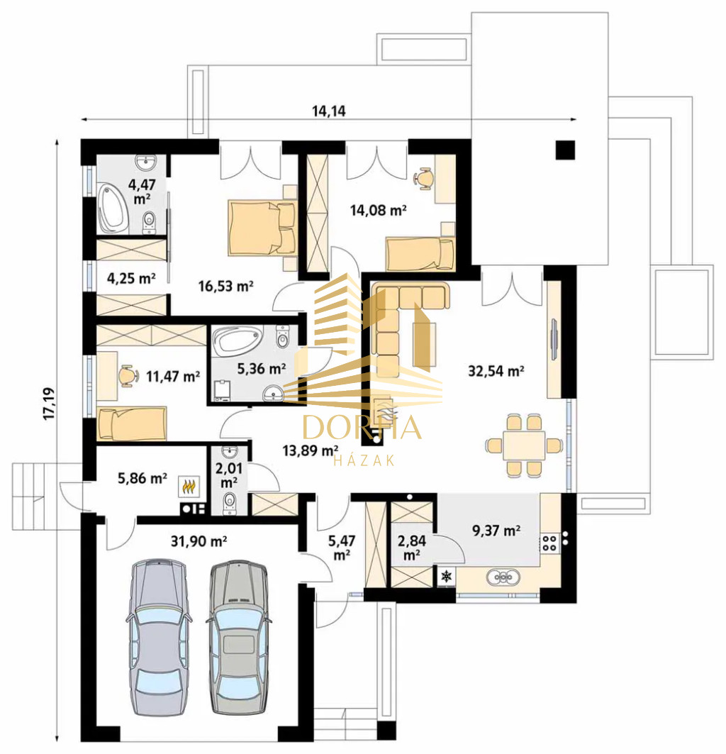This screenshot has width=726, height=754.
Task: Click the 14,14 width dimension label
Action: click(329, 111)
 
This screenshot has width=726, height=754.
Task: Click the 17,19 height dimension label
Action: click(50, 404)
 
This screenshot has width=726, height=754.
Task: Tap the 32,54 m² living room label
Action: click(496, 371)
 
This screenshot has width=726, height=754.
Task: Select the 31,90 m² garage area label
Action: click(199, 541)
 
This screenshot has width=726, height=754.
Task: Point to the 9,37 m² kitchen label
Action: click(496, 531)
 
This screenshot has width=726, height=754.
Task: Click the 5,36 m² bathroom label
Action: click(262, 369)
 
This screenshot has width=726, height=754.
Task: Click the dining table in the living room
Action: click(524, 445)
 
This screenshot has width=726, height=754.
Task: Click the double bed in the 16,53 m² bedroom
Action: click(262, 228)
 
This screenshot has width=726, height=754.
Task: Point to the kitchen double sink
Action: click(503, 576)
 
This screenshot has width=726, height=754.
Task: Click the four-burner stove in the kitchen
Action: click(549, 543)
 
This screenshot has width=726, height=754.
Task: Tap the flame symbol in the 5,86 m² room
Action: click(189, 487)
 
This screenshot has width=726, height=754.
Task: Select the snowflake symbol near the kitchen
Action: click(447, 576)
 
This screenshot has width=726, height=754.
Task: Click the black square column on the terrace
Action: click(565, 150)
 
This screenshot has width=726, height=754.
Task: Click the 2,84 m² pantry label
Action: click(411, 548)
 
